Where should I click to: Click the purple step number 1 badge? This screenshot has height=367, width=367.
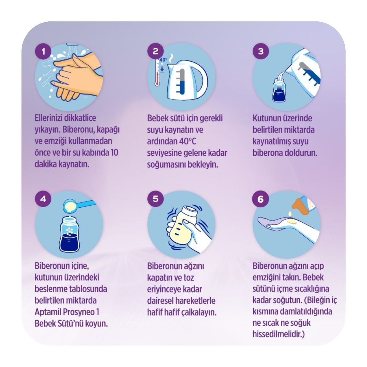pyautogui.click(x=43, y=51)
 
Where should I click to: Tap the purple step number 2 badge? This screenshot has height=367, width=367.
pyautogui.click(x=156, y=51)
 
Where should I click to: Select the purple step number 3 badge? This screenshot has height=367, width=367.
pyautogui.click(x=261, y=51)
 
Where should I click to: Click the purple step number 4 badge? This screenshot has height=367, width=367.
pyautogui.click(x=43, y=199)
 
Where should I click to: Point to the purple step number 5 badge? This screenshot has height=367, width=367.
pyautogui.click(x=156, y=199)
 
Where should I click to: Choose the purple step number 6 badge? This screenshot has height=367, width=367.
pyautogui.click(x=261, y=199)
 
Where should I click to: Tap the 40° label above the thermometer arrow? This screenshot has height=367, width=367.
pyautogui.click(x=163, y=60)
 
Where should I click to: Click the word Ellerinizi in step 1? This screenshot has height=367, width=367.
pyautogui.click(x=49, y=118)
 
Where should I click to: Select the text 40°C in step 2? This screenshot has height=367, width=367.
pyautogui.click(x=187, y=142)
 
